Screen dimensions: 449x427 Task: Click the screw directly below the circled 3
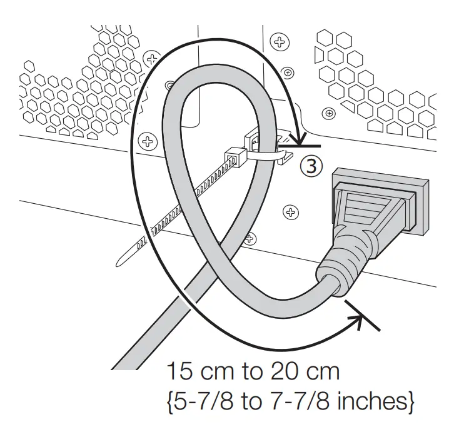point(290,212)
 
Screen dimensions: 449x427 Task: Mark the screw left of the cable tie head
point(148,139)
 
